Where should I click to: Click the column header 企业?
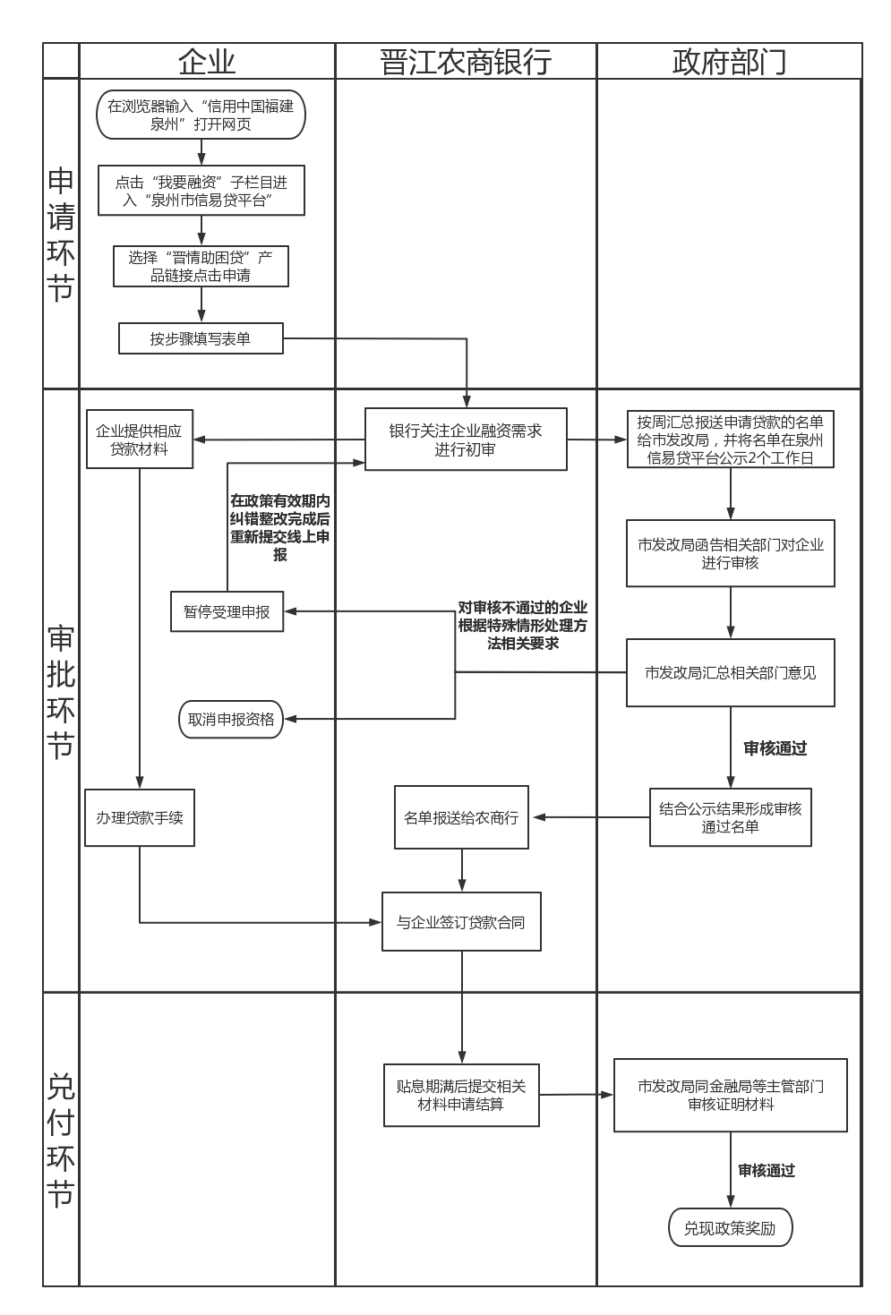coord(207,62)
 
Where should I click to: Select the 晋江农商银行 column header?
coord(466,62)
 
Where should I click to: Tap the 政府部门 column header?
coord(729,62)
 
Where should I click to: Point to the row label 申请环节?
coord(61,234)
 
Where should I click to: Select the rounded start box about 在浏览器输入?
coord(201,115)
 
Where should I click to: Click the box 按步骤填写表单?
coord(201,338)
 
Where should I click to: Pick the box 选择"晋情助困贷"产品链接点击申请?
coord(201,266)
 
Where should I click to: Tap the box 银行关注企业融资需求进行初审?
coord(466,440)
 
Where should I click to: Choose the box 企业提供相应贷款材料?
coord(140,440)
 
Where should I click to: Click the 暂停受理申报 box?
coord(227,611)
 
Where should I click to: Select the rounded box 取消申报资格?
coord(231,719)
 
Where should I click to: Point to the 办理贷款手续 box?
coord(140,817)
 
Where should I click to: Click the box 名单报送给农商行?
coord(461,817)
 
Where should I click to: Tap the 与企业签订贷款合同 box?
coord(461,922)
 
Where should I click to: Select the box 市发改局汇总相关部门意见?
coord(730,672)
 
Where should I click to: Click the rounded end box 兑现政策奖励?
coord(730,1228)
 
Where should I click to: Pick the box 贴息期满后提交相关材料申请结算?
coord(461,1095)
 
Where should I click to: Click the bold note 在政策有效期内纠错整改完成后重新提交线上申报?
coord(280,527)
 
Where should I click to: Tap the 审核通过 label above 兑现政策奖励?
coord(767,1170)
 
